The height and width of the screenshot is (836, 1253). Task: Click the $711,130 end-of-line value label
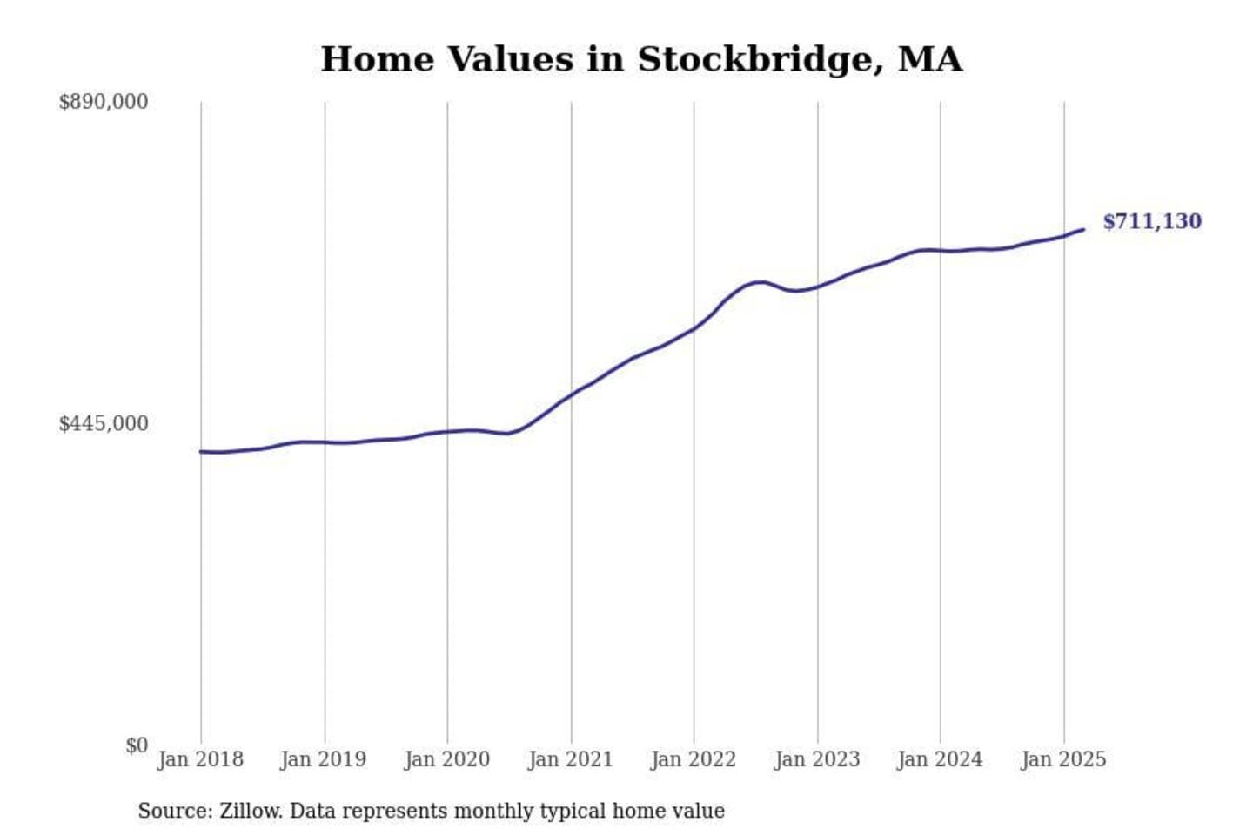1151,222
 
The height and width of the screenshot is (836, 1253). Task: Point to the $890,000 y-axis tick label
103,102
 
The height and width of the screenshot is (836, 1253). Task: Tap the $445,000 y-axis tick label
103,424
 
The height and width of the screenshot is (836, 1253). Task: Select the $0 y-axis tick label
136,746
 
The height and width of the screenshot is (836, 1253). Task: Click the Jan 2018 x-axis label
200,759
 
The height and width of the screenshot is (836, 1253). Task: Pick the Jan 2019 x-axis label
324,759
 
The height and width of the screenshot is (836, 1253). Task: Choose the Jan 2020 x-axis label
447,759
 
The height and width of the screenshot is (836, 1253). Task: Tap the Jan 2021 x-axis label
571,759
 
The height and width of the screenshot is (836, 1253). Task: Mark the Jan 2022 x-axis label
694,759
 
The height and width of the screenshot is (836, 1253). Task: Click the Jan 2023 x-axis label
817,759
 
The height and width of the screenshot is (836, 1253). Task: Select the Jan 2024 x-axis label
940,759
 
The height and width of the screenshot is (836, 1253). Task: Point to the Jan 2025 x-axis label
1063,759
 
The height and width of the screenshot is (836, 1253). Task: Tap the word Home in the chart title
377,60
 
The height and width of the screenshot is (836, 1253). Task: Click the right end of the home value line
1083,230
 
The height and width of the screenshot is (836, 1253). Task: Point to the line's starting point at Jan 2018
201,452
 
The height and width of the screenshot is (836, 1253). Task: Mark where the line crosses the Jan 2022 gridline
694,328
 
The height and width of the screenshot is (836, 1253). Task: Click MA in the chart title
930,60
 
